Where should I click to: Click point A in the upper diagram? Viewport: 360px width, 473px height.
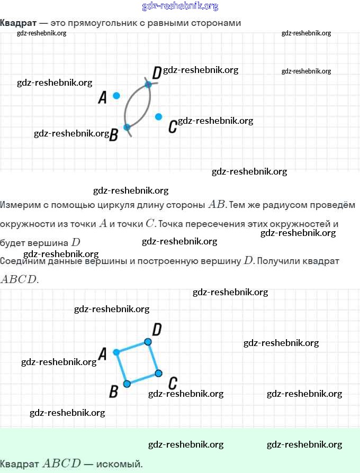pos(116,96)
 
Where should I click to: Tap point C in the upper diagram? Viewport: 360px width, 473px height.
pos(158,116)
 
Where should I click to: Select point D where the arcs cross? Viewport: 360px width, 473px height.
pos(148,85)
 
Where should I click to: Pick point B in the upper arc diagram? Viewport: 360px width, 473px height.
pos(127,128)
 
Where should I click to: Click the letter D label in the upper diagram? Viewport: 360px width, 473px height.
pos(157,72)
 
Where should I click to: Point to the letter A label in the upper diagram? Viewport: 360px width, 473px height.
pos(103,97)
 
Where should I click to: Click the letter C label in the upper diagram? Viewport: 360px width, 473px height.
pos(172,127)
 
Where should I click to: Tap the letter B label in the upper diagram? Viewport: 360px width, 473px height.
pos(113,136)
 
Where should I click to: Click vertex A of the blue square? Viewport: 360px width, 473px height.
pos(116,352)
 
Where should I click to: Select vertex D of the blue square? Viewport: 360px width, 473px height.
pos(148,342)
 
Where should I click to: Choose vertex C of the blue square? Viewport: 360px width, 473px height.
pos(158,374)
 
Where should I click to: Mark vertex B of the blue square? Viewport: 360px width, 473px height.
pos(127,384)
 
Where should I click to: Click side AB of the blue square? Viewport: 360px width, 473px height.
pos(122,368)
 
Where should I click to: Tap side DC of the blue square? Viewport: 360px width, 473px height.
pos(153,358)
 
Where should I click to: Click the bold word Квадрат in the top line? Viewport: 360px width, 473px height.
pos(18,23)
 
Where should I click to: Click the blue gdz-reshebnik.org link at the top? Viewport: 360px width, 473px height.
pos(180,6)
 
